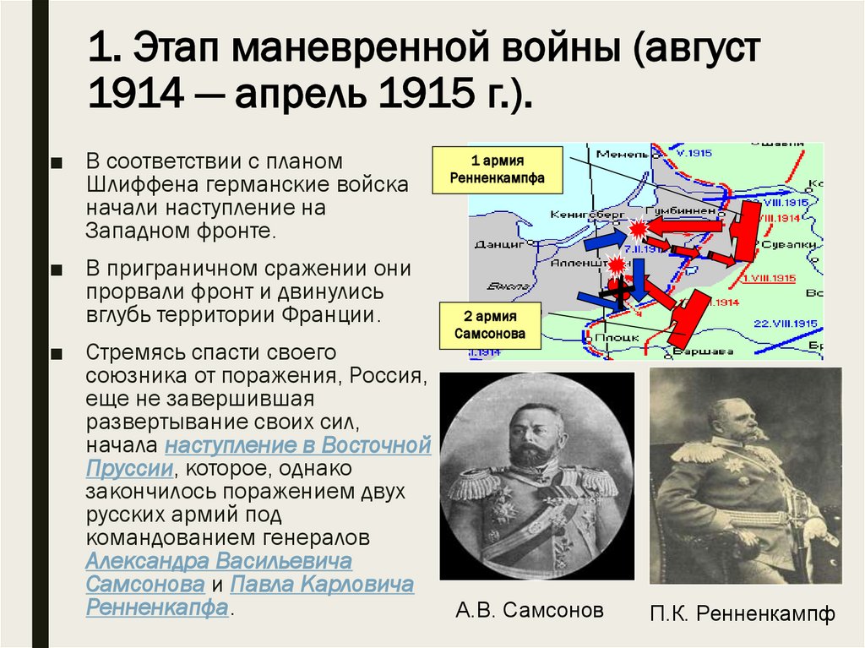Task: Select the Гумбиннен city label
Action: [x=672, y=210]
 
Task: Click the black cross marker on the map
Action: [x=619, y=290]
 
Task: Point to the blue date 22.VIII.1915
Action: [x=785, y=324]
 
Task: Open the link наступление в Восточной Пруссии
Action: [x=298, y=445]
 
